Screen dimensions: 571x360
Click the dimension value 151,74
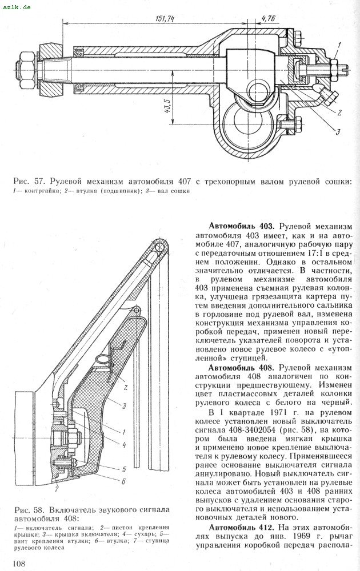pyautogui.click(x=164, y=18)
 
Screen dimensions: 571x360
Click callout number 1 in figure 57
pyautogui.click(x=338, y=44)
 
